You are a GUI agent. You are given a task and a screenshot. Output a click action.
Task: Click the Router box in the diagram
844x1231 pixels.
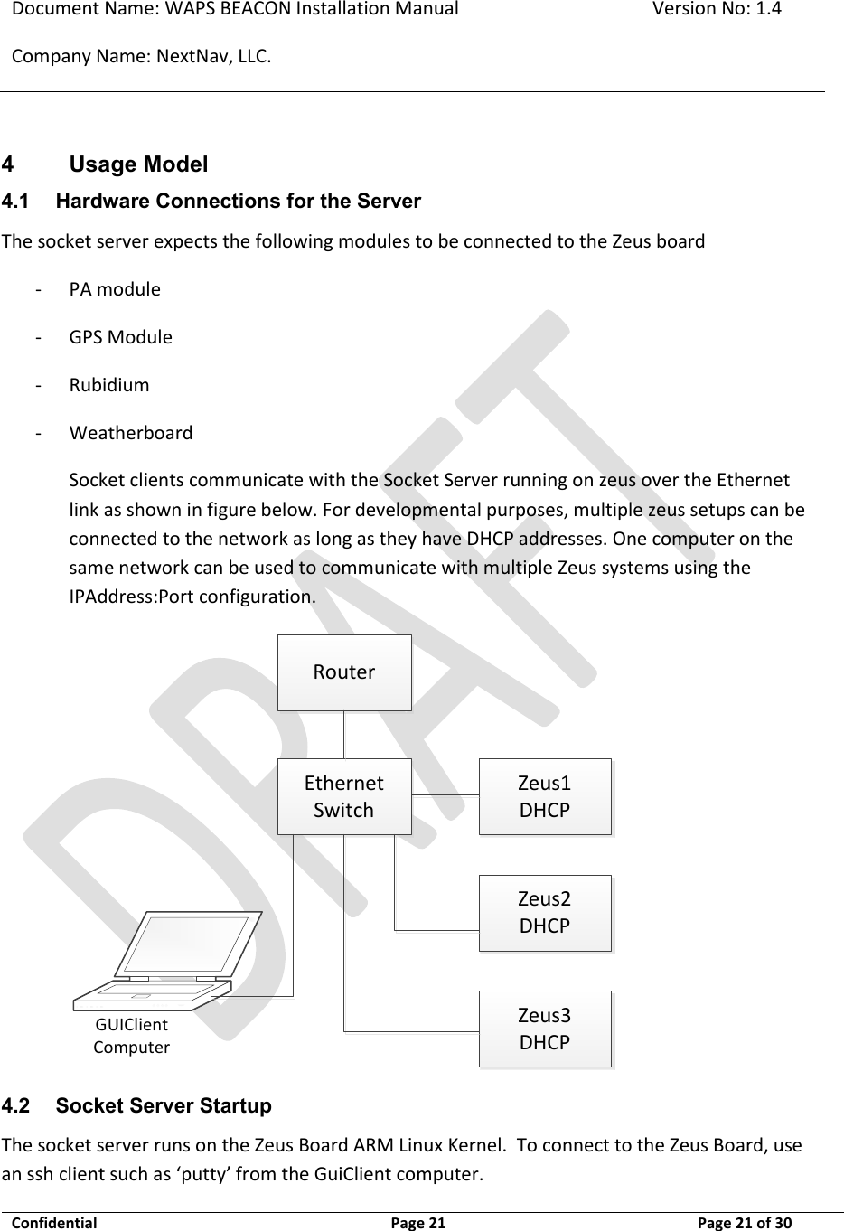click(343, 672)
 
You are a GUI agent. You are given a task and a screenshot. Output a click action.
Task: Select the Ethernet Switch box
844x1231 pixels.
click(343, 796)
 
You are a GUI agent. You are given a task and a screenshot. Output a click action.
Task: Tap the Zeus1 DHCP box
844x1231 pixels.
click(544, 796)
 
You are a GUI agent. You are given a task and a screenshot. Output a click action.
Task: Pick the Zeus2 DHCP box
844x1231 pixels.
click(544, 912)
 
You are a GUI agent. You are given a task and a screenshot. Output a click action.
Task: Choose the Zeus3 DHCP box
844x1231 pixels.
click(544, 1029)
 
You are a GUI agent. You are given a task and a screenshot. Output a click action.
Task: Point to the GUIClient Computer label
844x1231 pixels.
click(132, 1036)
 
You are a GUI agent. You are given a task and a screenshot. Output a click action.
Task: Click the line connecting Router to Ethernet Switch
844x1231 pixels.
click(343, 734)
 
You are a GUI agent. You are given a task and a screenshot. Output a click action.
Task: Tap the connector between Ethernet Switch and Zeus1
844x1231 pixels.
click(445, 794)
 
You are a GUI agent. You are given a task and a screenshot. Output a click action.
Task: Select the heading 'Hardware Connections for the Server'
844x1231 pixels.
click(238, 201)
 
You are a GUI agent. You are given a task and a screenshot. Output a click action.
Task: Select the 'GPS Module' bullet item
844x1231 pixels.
click(120, 337)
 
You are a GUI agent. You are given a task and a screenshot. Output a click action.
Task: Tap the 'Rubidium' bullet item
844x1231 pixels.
click(109, 385)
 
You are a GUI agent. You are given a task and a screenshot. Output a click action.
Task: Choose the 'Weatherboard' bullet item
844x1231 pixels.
click(131, 432)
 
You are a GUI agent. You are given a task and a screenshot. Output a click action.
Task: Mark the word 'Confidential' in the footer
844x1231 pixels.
click(53, 1223)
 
